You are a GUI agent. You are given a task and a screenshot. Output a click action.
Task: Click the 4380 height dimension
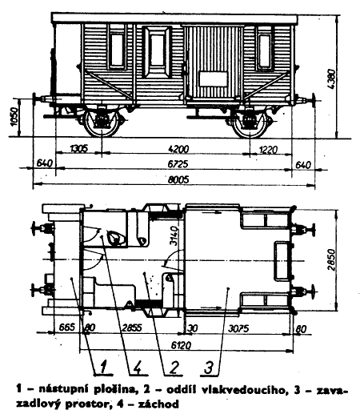[x=331, y=79]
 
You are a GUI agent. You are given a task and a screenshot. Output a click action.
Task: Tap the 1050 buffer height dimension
[x=14, y=117]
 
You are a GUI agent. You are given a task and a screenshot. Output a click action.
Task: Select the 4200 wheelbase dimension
[x=178, y=149]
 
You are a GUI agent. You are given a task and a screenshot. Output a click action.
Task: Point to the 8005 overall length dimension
[x=178, y=179]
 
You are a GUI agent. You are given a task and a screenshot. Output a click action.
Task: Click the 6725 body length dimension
[x=178, y=164]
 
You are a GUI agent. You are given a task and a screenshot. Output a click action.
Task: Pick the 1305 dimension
[x=78, y=148]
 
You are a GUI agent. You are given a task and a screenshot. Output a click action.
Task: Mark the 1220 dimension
[x=268, y=150]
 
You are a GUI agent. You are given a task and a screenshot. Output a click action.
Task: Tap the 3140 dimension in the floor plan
[x=174, y=235]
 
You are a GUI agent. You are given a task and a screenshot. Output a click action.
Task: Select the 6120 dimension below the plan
[x=182, y=346]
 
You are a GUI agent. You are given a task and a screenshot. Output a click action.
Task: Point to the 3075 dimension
[x=238, y=328]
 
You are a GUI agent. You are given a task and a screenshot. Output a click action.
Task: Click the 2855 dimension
[x=132, y=328]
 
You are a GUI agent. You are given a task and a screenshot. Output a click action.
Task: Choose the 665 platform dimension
[x=66, y=327]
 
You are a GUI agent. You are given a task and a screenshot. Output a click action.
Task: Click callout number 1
[x=103, y=367]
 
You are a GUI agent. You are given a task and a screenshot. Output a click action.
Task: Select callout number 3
[x=209, y=367]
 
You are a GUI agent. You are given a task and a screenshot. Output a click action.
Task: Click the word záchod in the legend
[x=158, y=404]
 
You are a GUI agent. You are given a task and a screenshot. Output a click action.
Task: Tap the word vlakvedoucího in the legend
[x=242, y=390]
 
